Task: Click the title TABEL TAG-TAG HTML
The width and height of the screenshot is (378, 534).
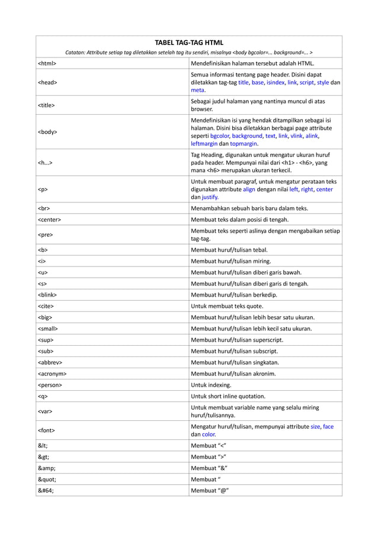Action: coord(188,43)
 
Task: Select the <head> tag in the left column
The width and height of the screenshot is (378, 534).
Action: coord(48,83)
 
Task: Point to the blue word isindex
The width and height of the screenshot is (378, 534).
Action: coord(276,83)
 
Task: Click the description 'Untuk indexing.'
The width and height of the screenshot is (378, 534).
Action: coord(212,385)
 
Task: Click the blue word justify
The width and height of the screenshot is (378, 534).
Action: coord(210,197)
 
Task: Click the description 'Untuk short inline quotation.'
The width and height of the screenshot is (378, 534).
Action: coord(228,396)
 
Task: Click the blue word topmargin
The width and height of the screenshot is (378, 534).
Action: coord(243,144)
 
